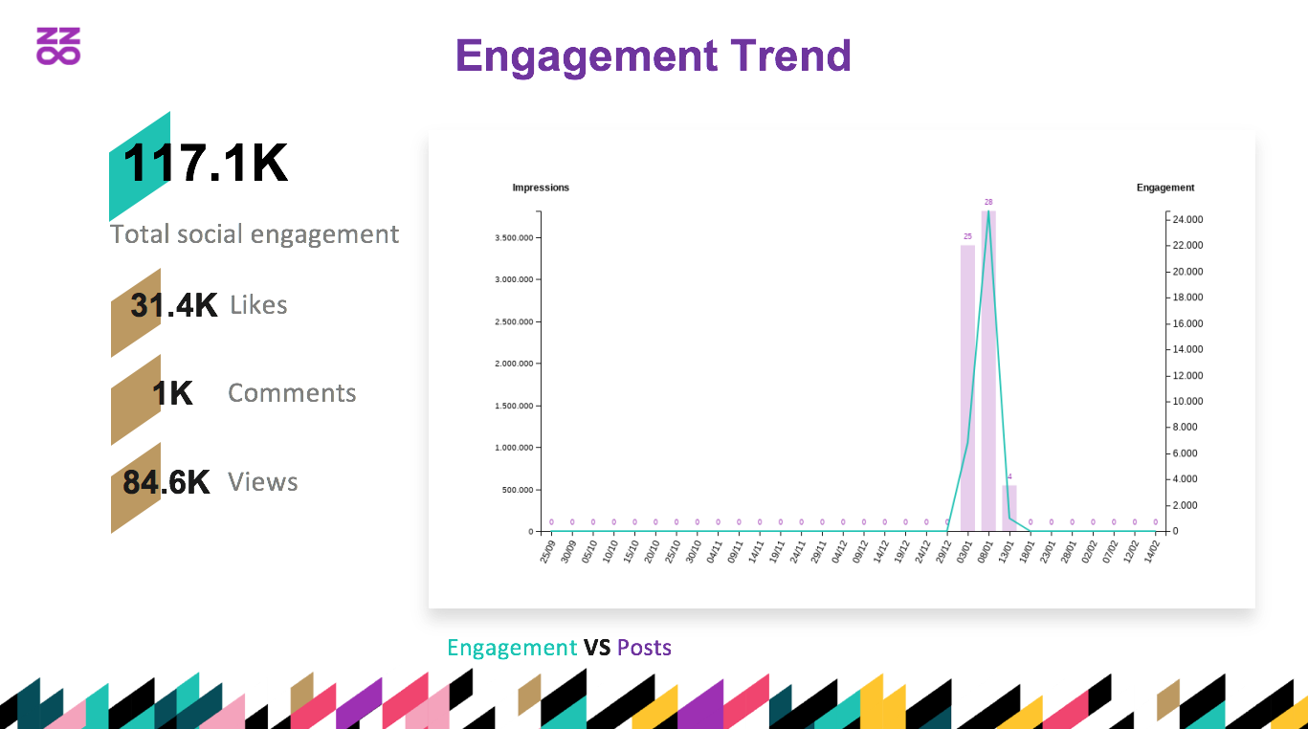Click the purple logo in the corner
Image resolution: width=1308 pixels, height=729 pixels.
(58, 46)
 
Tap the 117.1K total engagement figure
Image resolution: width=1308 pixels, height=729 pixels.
(206, 164)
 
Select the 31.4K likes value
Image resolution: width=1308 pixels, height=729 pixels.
(174, 305)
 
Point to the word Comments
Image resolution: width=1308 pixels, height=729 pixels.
(292, 393)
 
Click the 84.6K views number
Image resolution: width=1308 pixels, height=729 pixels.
(166, 482)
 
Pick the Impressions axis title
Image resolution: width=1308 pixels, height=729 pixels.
(541, 188)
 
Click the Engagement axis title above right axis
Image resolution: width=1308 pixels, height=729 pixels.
(1165, 188)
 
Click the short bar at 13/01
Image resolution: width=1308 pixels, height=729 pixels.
(1009, 508)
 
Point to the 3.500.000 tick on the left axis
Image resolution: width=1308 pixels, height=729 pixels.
(514, 237)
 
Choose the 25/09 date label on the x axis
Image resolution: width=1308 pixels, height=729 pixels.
(546, 552)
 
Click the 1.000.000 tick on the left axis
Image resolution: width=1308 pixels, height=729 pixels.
(514, 448)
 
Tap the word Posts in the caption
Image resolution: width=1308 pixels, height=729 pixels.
(644, 648)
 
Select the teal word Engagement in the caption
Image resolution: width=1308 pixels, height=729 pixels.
(512, 648)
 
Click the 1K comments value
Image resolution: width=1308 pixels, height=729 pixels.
(172, 393)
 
